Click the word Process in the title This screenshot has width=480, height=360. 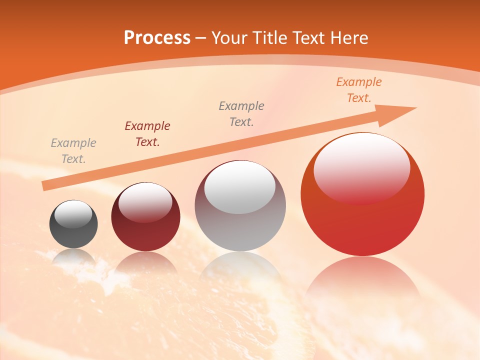pyautogui.click(x=157, y=38)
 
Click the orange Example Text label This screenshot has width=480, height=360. pyautogui.click(x=358, y=90)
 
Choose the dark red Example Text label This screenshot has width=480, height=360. pyautogui.click(x=147, y=133)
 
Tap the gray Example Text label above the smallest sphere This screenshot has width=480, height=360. pyautogui.click(x=73, y=150)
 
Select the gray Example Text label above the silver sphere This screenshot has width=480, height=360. pyautogui.click(x=241, y=113)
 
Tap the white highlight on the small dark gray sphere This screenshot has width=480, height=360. pyautogui.click(x=73, y=214)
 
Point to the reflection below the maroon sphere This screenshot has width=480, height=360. pyautogui.click(x=145, y=262)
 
